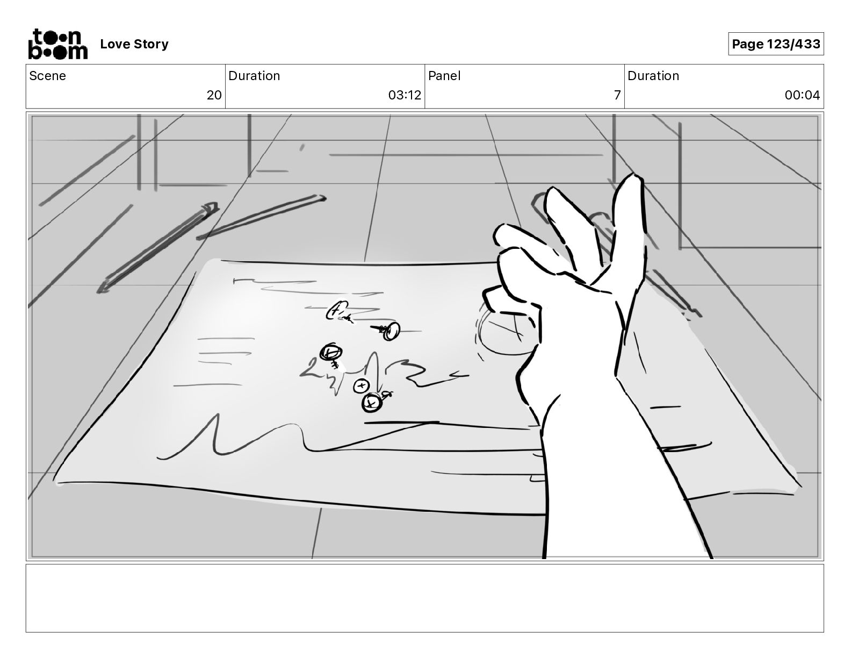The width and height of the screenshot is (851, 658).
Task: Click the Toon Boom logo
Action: (x=58, y=44)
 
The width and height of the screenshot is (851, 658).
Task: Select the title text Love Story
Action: (x=134, y=44)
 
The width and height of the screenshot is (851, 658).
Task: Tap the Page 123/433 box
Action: (x=776, y=44)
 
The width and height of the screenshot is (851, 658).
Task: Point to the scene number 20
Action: (x=214, y=95)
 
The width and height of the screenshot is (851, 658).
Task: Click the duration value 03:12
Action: (x=405, y=95)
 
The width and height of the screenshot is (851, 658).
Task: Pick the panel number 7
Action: (x=617, y=95)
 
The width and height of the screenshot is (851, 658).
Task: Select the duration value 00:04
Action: (x=802, y=95)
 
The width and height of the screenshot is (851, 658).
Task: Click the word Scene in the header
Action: (x=47, y=76)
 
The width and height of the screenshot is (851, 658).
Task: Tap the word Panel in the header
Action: (x=444, y=76)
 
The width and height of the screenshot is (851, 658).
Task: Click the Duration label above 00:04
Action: (x=653, y=76)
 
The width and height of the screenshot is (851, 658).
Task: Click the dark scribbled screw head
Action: (x=331, y=353)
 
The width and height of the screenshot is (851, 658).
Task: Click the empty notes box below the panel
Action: (x=425, y=598)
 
